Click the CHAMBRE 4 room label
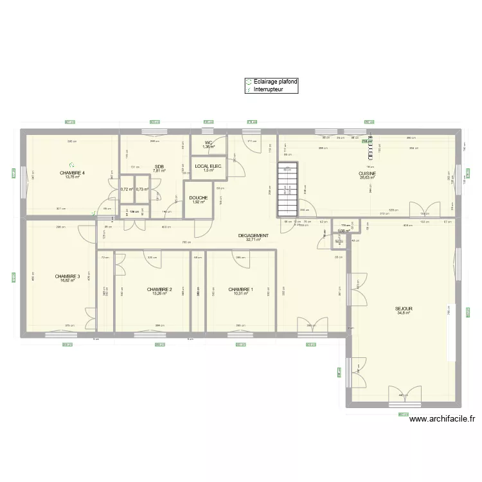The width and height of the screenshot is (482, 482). [73, 173]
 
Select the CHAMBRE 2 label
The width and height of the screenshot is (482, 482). [159, 289]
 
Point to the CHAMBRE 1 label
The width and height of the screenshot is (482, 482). [240, 289]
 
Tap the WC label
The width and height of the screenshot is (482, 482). [208, 143]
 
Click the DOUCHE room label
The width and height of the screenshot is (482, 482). [198, 198]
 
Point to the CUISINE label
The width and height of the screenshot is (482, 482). [367, 174]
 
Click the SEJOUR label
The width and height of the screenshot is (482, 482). [404, 308]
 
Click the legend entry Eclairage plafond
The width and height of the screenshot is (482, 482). [275, 82]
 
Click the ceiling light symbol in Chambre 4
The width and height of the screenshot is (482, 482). [73, 165]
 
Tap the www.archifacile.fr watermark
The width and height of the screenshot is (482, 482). [443, 419]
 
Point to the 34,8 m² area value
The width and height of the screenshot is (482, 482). [404, 313]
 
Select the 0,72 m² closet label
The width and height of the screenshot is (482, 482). [126, 190]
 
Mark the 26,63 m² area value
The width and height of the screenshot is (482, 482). [367, 177]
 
